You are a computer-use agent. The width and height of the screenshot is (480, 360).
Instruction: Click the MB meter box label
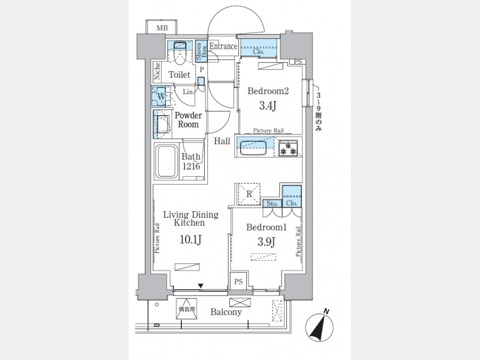162,28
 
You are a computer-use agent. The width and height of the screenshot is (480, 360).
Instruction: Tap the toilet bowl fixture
180,53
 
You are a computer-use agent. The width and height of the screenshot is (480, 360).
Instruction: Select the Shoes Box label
201,51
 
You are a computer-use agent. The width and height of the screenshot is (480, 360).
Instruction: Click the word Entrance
223,46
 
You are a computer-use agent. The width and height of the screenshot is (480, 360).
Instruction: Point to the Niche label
157,71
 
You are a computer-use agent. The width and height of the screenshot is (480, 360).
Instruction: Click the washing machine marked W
161,97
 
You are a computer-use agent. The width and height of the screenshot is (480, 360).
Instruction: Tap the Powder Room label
188,120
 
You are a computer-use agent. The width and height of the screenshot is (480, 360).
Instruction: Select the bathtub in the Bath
166,161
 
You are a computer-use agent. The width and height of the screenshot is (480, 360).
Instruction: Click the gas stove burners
288,148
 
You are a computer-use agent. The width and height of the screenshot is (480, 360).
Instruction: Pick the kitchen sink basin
253,148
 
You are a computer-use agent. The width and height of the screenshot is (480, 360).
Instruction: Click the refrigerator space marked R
249,194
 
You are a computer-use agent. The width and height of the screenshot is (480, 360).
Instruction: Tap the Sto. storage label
272,204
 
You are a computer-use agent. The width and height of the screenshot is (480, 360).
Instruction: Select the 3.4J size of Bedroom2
268,106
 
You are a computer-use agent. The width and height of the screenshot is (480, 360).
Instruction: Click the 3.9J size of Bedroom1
266,242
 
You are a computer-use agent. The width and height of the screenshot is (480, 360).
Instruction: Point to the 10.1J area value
191,240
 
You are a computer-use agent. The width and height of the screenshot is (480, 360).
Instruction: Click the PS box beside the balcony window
238,281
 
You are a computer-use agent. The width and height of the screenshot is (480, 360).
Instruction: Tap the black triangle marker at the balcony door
201,286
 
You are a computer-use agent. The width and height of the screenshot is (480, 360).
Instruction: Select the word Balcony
226,312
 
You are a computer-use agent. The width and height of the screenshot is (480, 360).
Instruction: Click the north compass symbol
319,327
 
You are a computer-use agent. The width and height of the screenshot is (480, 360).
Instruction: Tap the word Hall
222,141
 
